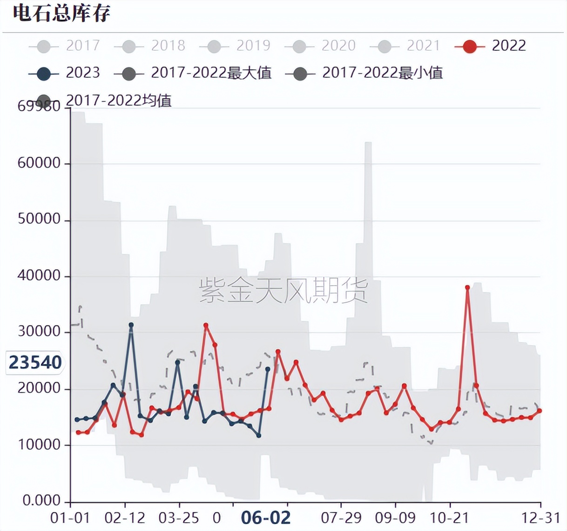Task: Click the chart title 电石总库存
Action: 61,13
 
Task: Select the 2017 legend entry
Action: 65,46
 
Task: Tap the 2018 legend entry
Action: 150,46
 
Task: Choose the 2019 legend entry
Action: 236,46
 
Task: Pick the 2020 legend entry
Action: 321,46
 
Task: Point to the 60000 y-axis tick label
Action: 39,163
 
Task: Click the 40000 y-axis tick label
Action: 39,276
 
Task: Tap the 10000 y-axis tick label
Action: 39,445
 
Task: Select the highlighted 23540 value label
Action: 35,362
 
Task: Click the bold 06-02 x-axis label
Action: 266,518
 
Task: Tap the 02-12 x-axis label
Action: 125,518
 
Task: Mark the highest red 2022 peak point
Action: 467,288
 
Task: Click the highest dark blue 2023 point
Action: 131,325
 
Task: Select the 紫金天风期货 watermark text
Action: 283,290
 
